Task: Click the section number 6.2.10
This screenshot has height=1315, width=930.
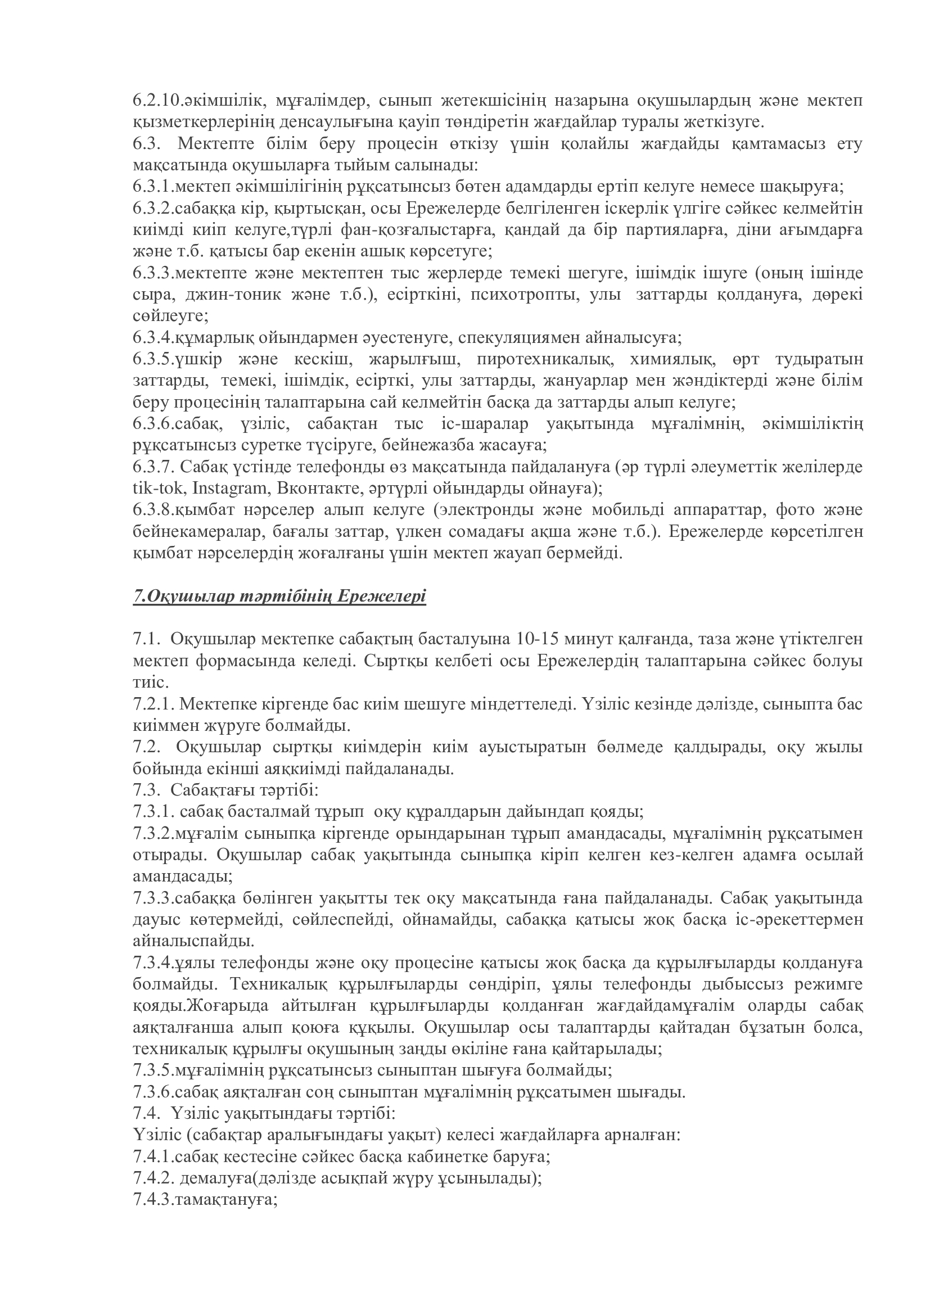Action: click(158, 101)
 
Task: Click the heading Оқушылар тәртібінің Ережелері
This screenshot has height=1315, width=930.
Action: click(279, 596)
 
